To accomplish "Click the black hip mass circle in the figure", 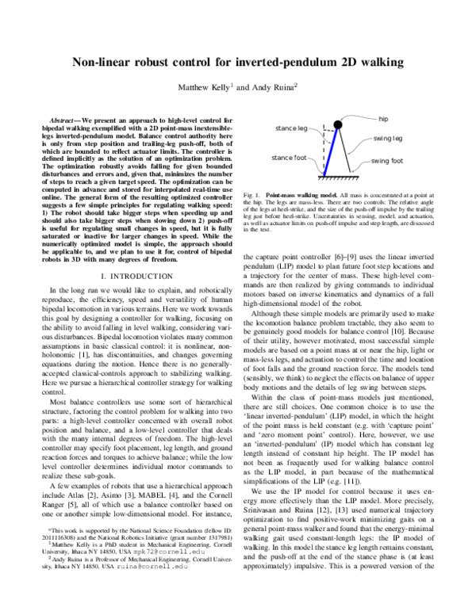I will point(336,124).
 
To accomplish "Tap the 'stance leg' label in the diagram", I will point(290,128).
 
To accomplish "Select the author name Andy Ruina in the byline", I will point(271,86).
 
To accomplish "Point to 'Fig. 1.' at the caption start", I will point(252,195).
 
